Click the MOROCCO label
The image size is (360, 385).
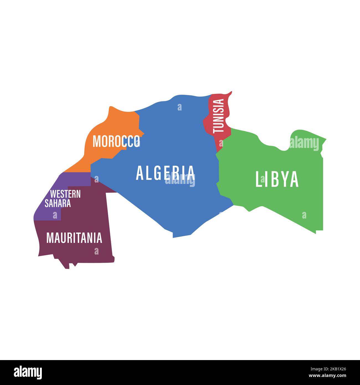[116, 141]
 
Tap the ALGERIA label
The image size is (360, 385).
[165, 173]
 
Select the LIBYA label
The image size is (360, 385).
[277, 179]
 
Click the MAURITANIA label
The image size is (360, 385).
[74, 238]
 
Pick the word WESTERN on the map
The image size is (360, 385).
[65, 194]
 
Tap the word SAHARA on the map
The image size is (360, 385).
[58, 203]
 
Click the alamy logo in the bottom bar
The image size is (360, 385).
[28, 372]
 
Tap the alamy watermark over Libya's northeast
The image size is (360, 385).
[304, 143]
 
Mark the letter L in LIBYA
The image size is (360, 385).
[259, 179]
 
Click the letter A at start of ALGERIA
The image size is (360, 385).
[139, 173]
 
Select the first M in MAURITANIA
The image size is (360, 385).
[50, 238]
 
